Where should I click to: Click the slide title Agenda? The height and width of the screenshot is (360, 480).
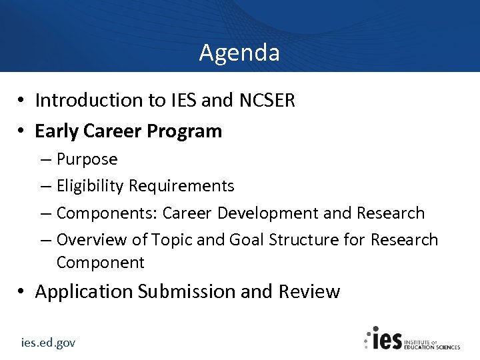239,52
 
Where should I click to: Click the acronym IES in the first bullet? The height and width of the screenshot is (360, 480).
180,100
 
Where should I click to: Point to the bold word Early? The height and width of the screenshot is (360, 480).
57,131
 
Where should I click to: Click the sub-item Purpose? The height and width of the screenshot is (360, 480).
87,159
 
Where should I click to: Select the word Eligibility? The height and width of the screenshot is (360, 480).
90,186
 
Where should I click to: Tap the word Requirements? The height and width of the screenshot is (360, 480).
181,186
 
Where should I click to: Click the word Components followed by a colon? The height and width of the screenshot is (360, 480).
107,213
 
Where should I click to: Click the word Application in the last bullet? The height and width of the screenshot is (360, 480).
84,292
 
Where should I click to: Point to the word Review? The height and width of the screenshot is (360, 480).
309,291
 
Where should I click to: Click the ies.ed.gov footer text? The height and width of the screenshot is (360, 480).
48,343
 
